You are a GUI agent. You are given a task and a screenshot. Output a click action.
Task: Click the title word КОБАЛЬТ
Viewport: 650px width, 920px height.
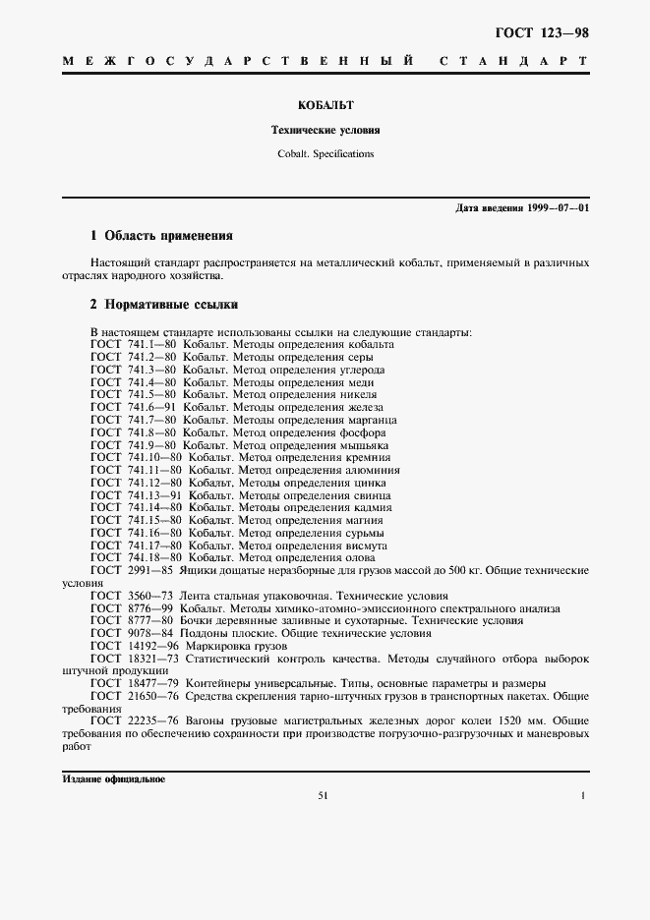[325, 103]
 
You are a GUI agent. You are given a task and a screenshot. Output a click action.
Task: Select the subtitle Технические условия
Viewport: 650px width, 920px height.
[325, 130]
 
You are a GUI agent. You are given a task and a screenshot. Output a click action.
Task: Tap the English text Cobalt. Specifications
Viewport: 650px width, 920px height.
[325, 153]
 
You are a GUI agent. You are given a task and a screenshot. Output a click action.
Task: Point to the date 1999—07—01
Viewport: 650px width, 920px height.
[558, 208]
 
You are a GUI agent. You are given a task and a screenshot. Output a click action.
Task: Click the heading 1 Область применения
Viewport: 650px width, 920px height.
[161, 236]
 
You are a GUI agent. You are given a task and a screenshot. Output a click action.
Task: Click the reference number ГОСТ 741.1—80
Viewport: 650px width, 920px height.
[134, 345]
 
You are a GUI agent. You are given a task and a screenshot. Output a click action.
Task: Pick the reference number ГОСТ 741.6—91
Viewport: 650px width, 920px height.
[134, 408]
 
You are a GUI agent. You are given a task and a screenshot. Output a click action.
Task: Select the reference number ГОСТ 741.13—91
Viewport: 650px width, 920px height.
[137, 495]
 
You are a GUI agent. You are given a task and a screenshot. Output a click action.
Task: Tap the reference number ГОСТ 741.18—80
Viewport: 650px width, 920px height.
[137, 557]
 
